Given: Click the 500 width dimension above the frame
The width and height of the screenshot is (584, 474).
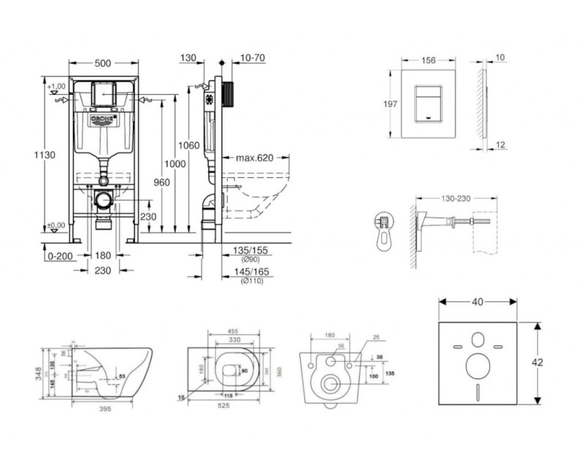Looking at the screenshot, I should pos(103,63).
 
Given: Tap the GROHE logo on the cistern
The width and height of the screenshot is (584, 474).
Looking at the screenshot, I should pos(103,119).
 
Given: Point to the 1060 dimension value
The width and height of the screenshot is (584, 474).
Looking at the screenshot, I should pos(189,145).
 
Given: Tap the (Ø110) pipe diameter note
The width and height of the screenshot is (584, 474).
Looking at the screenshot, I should pos(250,281).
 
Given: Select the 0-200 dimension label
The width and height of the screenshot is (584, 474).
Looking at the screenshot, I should pos(58,255).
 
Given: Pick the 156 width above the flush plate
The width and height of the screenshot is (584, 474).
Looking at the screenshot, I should pos(430,62).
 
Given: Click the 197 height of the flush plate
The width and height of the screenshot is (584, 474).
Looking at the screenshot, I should pos(391,104).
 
